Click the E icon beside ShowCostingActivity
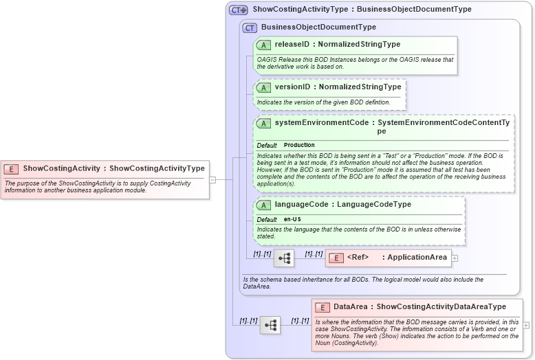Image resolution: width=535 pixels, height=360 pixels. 12,168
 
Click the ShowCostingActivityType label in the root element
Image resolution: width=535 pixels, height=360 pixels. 157,168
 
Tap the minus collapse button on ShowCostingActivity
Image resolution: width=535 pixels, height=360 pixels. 212,179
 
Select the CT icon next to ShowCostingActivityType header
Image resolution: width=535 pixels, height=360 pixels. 238,10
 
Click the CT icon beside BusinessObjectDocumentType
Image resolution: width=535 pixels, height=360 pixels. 250,27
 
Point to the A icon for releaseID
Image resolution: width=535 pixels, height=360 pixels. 263,45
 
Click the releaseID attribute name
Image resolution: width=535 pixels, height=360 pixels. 291,45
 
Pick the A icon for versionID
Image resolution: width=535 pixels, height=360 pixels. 263,87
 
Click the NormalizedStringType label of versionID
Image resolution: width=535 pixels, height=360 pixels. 360,87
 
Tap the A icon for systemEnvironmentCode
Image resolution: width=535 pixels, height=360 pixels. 263,123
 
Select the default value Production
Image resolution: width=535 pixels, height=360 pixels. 299,145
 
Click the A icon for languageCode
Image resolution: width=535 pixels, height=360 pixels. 263,205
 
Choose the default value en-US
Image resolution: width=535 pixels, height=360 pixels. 292,219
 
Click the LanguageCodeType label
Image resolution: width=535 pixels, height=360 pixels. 374,205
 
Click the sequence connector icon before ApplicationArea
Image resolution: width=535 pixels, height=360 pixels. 284,258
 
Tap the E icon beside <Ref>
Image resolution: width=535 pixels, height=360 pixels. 336,258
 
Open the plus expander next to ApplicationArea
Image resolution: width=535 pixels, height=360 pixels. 455,258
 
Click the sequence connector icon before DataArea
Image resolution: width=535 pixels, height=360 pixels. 270,325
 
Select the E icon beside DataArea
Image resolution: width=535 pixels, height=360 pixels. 323,307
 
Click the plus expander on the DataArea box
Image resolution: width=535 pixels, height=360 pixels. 526,325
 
